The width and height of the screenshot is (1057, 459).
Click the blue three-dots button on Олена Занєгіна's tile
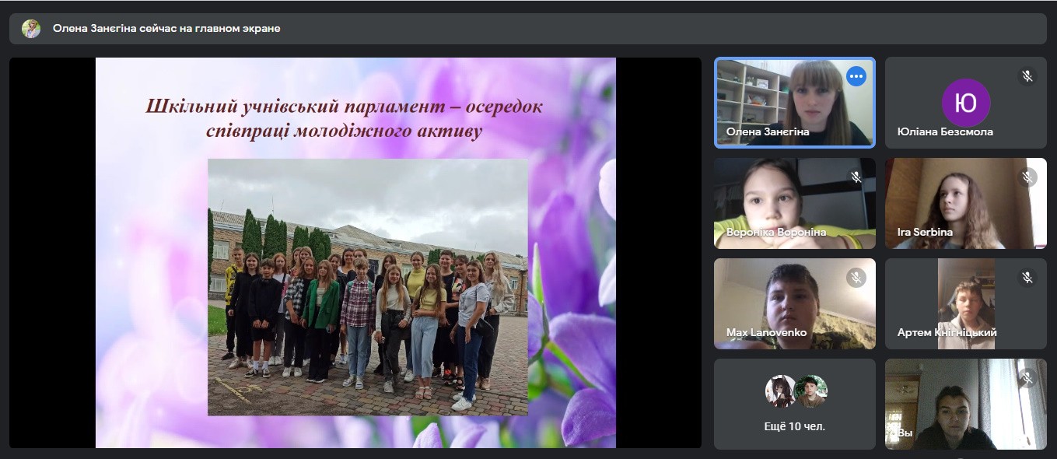(x=856, y=76)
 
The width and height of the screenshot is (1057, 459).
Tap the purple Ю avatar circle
(x=965, y=103)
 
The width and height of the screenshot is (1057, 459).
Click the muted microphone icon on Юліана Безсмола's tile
(x=1027, y=76)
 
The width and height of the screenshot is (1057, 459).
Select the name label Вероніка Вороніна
(x=776, y=233)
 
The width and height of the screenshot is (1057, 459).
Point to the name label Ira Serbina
(x=925, y=233)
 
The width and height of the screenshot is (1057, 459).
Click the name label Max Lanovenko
(x=766, y=332)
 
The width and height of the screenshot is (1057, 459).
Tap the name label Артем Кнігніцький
(x=947, y=332)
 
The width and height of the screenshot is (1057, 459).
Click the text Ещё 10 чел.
(x=795, y=426)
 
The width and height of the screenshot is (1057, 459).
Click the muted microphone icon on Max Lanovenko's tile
(x=856, y=278)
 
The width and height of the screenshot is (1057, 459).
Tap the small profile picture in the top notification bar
(x=31, y=29)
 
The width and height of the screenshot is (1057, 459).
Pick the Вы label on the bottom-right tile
(x=905, y=433)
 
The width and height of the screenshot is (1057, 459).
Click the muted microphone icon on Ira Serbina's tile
(x=1027, y=177)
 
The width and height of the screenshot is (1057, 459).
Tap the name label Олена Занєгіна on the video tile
(x=767, y=131)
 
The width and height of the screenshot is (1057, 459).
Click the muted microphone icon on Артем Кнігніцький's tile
(x=1027, y=278)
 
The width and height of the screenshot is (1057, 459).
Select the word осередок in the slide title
(x=504, y=107)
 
